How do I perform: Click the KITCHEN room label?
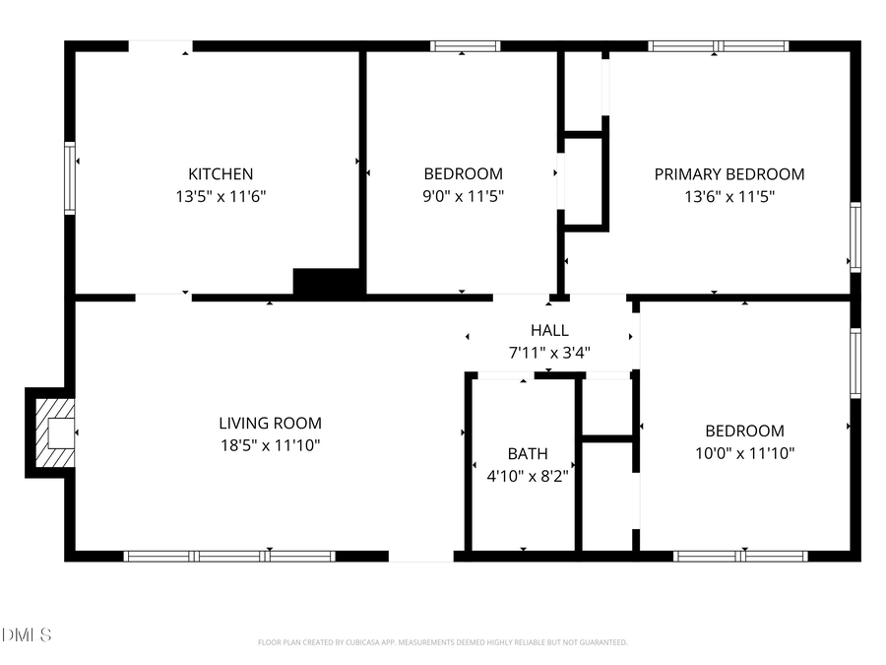click(x=221, y=174)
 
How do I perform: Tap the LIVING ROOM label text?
click(x=270, y=424)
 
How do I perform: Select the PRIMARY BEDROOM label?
click(x=728, y=174)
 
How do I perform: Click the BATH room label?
click(x=528, y=454)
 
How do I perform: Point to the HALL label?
click(x=549, y=330)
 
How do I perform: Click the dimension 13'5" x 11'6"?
click(x=221, y=196)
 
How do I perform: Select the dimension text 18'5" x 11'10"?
click(x=270, y=445)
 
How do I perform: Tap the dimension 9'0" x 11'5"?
click(x=463, y=196)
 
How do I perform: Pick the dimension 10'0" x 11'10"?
click(x=744, y=453)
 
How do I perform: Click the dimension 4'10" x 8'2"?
click(x=528, y=476)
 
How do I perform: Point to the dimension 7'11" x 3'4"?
click(x=549, y=352)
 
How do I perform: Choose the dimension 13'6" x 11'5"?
click(x=728, y=196)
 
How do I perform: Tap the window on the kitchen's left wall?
click(x=70, y=178)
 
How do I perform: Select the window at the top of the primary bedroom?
click(x=718, y=45)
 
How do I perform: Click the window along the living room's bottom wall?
click(x=229, y=557)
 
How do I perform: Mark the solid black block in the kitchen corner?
click(x=329, y=282)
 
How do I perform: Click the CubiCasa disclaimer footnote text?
click(x=442, y=642)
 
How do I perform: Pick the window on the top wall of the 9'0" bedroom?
click(x=465, y=45)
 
